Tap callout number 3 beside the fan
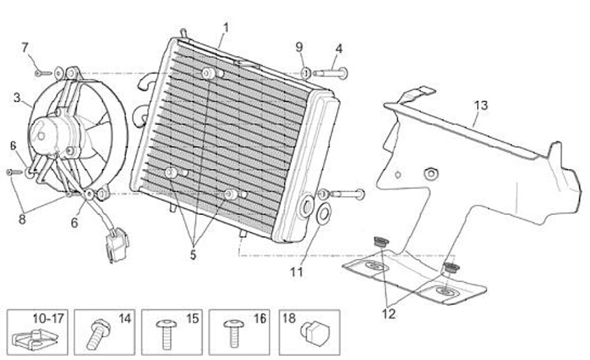point(16,98)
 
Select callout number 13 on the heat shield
point(480,105)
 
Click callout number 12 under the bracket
point(388,312)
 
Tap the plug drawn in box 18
point(312,331)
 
